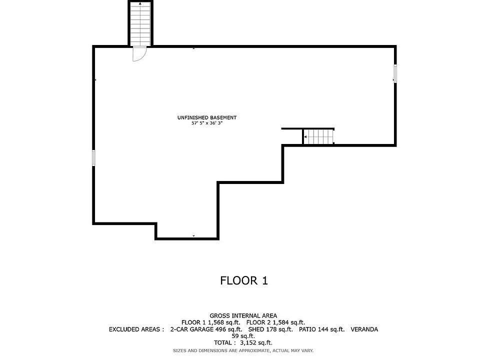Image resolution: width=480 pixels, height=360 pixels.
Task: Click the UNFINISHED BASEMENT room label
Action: point(206,117)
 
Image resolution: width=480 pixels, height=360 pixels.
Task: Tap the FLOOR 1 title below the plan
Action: point(244,280)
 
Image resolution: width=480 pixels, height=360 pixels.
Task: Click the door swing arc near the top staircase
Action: point(139,54)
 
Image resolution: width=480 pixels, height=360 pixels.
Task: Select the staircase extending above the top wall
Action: point(140,24)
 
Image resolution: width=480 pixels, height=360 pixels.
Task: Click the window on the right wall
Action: point(395,73)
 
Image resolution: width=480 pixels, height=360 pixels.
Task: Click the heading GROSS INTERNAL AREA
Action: point(243,315)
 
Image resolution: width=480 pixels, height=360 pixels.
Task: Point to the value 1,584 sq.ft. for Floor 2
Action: point(288,322)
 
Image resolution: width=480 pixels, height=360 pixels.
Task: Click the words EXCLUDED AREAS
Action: point(136,329)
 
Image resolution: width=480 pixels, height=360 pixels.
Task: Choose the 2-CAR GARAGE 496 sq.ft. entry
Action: point(206,329)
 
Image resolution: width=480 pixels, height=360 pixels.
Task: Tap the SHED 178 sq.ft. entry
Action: point(269,329)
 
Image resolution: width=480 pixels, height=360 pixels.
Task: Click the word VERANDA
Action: point(364,329)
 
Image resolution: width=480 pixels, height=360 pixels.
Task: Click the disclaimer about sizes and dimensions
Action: point(243,350)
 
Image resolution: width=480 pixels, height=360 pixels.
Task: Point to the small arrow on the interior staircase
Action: point(305,136)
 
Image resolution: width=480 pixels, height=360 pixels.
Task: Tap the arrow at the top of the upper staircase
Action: point(140,4)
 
